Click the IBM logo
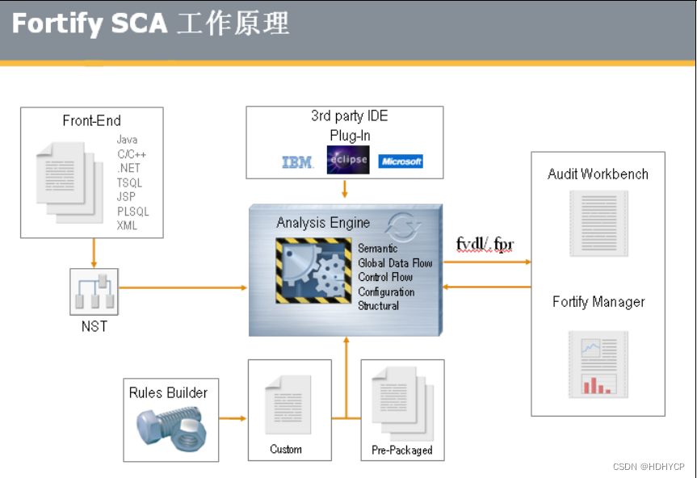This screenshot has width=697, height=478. [x=297, y=162]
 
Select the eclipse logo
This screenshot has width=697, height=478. [x=347, y=159]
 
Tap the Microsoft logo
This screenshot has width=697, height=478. [x=401, y=161]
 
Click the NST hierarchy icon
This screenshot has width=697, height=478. [x=94, y=292]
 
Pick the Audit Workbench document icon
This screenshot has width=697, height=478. [x=598, y=223]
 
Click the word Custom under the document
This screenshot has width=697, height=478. [x=286, y=449]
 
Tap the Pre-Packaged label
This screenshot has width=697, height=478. [x=401, y=450]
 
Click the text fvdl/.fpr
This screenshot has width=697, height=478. [x=485, y=244]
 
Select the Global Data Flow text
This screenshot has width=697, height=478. [x=395, y=263]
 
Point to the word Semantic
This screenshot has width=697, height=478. [x=377, y=249]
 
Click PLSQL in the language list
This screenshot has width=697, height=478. [x=132, y=212]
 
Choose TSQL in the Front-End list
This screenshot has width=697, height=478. [x=129, y=182]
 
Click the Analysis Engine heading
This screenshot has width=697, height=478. [x=323, y=223]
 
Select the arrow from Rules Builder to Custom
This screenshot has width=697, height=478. [x=233, y=418]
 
